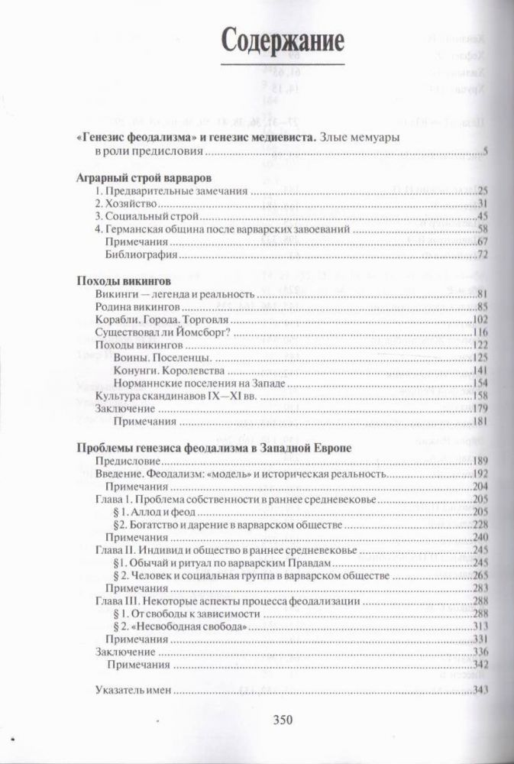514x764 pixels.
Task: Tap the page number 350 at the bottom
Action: click(x=273, y=718)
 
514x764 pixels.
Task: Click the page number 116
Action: click(x=479, y=332)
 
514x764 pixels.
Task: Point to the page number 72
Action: click(x=482, y=254)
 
